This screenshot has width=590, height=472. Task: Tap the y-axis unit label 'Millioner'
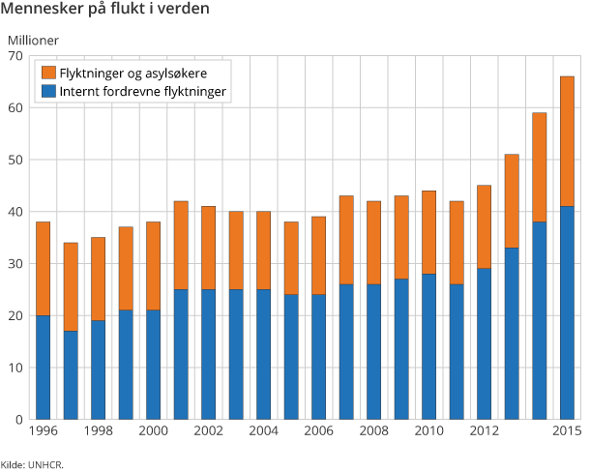[x=33, y=41]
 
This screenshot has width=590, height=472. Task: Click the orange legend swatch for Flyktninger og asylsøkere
[x=47, y=74]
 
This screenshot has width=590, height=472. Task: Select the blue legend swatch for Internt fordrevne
[x=47, y=92]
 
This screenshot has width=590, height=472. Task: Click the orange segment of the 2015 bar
[x=567, y=141]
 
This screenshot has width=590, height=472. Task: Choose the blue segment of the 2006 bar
[x=318, y=357]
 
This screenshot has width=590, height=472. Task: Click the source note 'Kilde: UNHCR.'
[x=32, y=465]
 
